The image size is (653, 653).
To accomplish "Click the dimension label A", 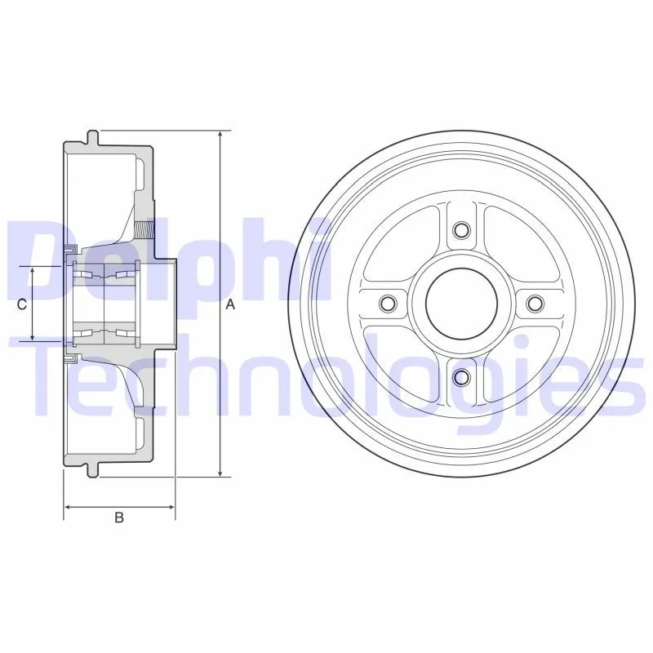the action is pyautogui.click(x=230, y=304).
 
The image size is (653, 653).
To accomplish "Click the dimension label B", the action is pyautogui.click(x=119, y=518).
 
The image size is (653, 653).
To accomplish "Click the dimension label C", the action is pyautogui.click(x=22, y=304).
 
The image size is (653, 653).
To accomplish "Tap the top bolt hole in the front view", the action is pyautogui.click(x=461, y=229).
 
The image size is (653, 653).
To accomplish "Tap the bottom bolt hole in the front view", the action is pyautogui.click(x=461, y=377).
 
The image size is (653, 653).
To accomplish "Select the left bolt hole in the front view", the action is pyautogui.click(x=389, y=303).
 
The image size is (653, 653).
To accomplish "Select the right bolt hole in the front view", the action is pyautogui.click(x=535, y=303).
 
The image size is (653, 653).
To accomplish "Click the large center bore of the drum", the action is pyautogui.click(x=461, y=303).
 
